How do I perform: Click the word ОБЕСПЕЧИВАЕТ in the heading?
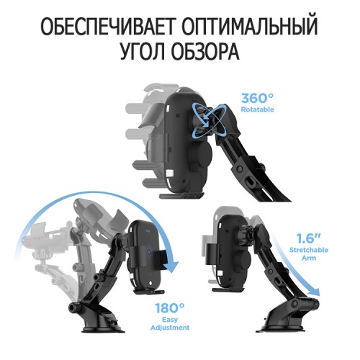pos(107,26)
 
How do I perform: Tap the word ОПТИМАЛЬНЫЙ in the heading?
pos(250,26)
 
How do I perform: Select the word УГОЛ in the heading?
pos(142,51)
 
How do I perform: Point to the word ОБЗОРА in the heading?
pos(205,51)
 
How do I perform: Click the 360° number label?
pos(257,98)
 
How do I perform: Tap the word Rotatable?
pos(257,109)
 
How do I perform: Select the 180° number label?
pos(170,308)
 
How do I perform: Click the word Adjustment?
pos(170,328)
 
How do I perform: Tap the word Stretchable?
pos(309,250)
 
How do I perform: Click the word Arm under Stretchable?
pos(309,258)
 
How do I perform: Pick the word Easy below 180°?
pos(170,320)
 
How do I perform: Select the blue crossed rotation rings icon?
pos(207,118)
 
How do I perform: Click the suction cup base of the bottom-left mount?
pos(104,329)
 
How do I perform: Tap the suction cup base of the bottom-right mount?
pos(283,328)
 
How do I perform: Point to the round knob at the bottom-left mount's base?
pos(73,307)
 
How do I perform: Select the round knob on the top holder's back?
pos(199,153)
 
